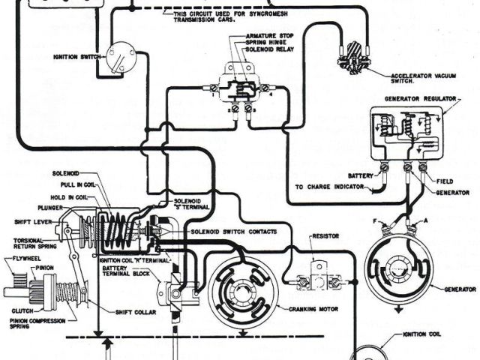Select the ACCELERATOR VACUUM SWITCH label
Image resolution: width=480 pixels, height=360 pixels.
(x=421, y=79)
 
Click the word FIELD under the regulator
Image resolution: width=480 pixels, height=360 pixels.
(x=445, y=181)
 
